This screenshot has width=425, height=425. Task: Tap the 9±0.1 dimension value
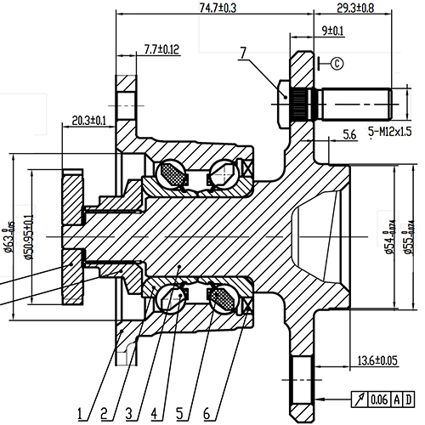pyautogui.click(x=333, y=31)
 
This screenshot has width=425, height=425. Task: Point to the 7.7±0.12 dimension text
pyautogui.click(x=162, y=49)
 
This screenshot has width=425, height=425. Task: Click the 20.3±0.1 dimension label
pyautogui.click(x=89, y=120)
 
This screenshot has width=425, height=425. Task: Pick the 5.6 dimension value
pyautogui.click(x=348, y=134)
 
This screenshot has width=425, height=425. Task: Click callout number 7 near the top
pyautogui.click(x=243, y=54)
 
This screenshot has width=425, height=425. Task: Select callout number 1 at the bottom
pyautogui.click(x=78, y=413)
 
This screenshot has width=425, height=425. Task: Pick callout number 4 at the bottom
pyautogui.click(x=154, y=413)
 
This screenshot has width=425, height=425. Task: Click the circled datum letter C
pyautogui.click(x=336, y=62)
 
